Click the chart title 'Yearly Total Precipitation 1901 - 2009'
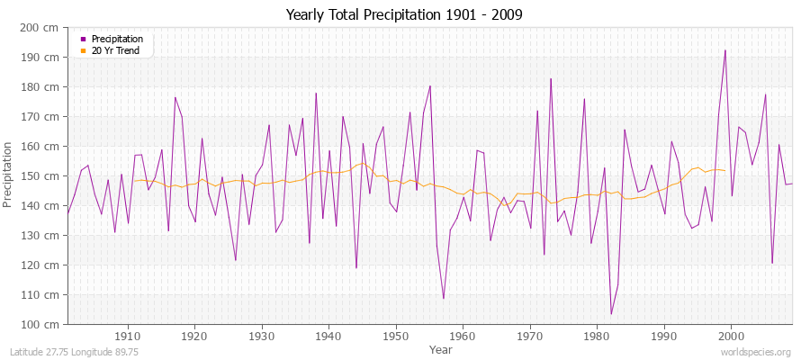tap(404, 14)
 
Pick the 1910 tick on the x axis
tap(128, 335)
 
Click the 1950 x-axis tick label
tap(395, 335)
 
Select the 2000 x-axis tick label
tap(731, 335)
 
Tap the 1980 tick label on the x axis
tap(597, 335)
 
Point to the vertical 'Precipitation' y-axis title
tap(9, 175)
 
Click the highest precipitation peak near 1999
tap(724, 50)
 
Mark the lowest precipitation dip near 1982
tap(611, 314)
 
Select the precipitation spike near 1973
tap(551, 78)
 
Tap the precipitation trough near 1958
tap(444, 298)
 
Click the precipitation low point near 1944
tap(356, 268)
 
